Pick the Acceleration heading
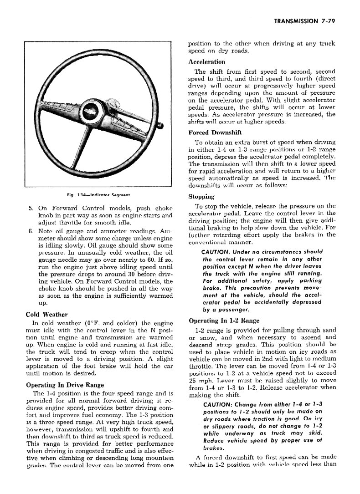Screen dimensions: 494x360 pos(207,62)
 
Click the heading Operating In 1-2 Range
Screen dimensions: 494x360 pos(224,321)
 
